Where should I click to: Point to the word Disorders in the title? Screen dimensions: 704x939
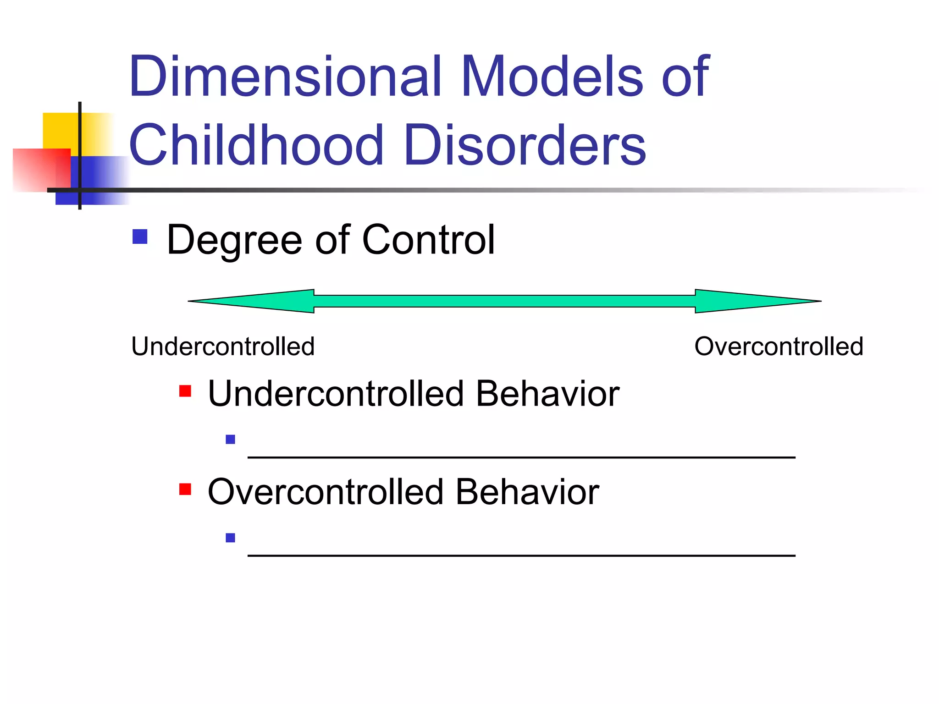point(525,145)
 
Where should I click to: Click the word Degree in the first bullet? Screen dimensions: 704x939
point(234,240)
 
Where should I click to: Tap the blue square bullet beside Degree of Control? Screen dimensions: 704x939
point(140,236)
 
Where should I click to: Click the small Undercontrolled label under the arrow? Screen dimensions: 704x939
point(223,346)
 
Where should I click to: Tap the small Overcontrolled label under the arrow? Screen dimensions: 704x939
point(779,346)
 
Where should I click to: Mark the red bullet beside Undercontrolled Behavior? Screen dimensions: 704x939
point(185,391)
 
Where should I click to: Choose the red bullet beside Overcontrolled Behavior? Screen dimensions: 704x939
point(185,489)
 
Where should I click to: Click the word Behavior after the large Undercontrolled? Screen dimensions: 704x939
point(547,394)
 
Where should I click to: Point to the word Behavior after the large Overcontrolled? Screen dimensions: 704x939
point(527,492)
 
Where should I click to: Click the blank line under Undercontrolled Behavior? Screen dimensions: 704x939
point(521,456)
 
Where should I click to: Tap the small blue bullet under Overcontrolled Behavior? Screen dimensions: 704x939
point(231,538)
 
